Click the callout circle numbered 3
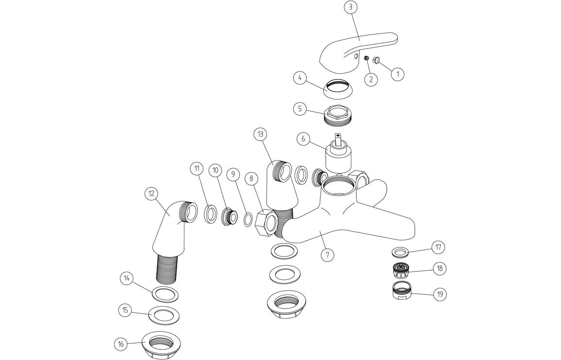click(350, 7)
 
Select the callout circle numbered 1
click(397, 74)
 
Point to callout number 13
click(261, 133)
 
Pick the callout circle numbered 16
click(121, 344)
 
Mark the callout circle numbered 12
click(151, 193)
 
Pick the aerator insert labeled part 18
click(401, 269)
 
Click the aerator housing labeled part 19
click(401, 293)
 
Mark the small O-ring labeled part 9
click(247, 220)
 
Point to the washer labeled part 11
click(211, 214)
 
